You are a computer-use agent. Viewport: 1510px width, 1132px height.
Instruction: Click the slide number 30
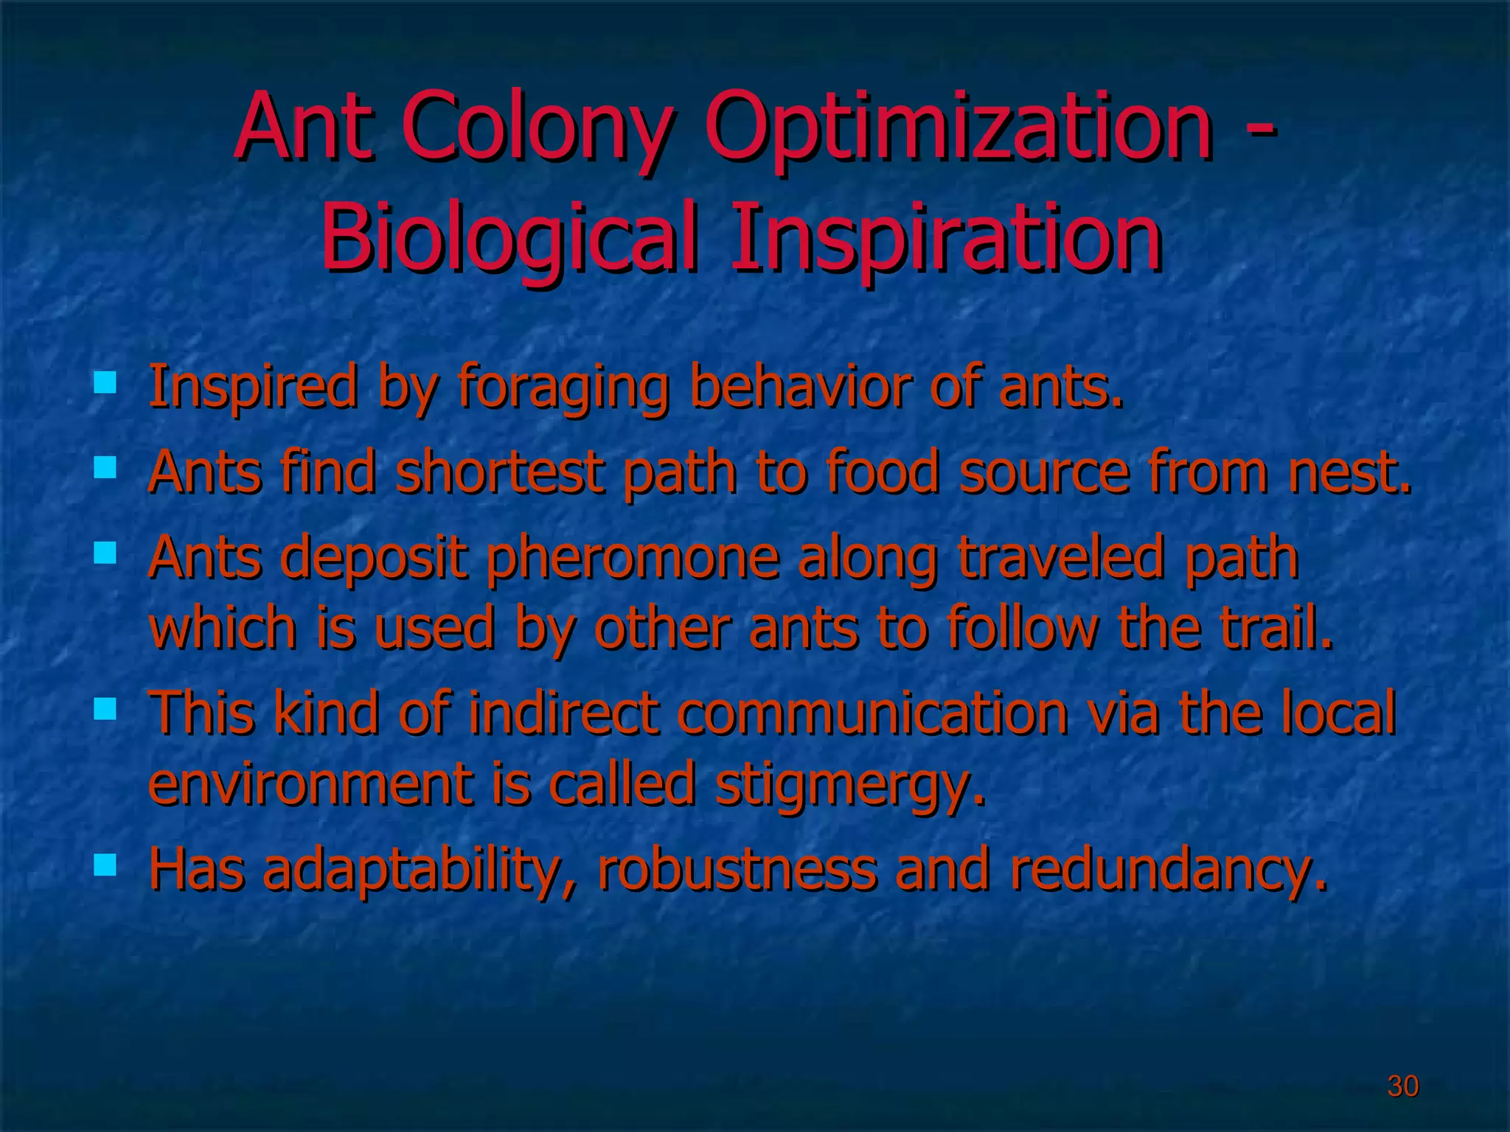(x=1402, y=1086)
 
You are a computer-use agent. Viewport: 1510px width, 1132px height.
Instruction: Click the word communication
(x=873, y=713)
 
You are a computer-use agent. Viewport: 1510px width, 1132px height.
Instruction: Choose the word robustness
(x=737, y=868)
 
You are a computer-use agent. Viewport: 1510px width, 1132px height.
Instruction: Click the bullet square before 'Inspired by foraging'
(x=105, y=382)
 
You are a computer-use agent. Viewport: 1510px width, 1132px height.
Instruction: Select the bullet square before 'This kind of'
(x=105, y=709)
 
